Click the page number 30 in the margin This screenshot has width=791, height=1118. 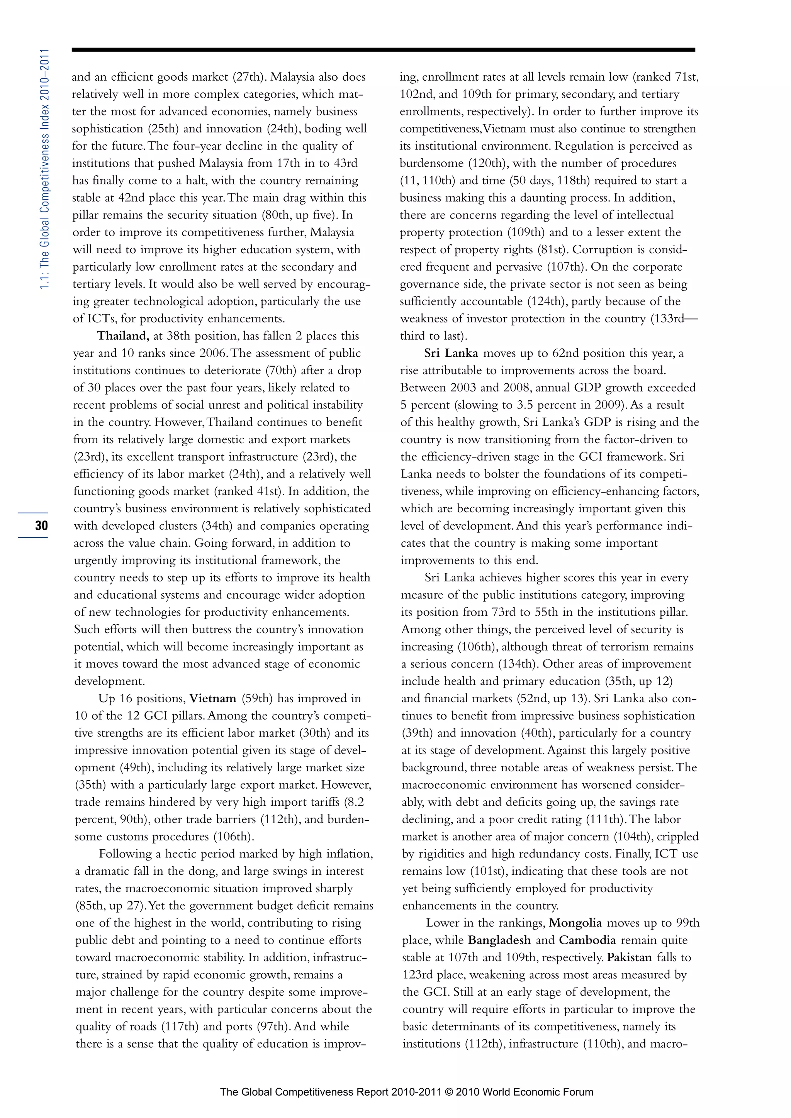[x=41, y=526]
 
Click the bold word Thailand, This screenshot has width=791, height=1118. [x=123, y=336]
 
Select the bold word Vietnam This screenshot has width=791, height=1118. [x=213, y=699]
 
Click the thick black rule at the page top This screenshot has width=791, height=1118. [x=383, y=50]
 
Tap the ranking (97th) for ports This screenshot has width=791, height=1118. [x=274, y=1027]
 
